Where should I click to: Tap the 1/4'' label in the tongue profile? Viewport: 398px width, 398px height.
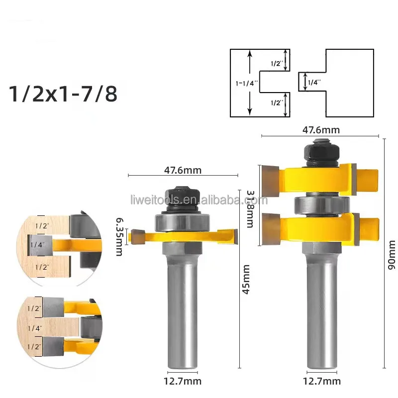(313, 83)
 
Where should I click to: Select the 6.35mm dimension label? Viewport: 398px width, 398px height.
(119, 236)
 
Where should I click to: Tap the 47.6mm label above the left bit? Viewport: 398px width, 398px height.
(183, 170)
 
